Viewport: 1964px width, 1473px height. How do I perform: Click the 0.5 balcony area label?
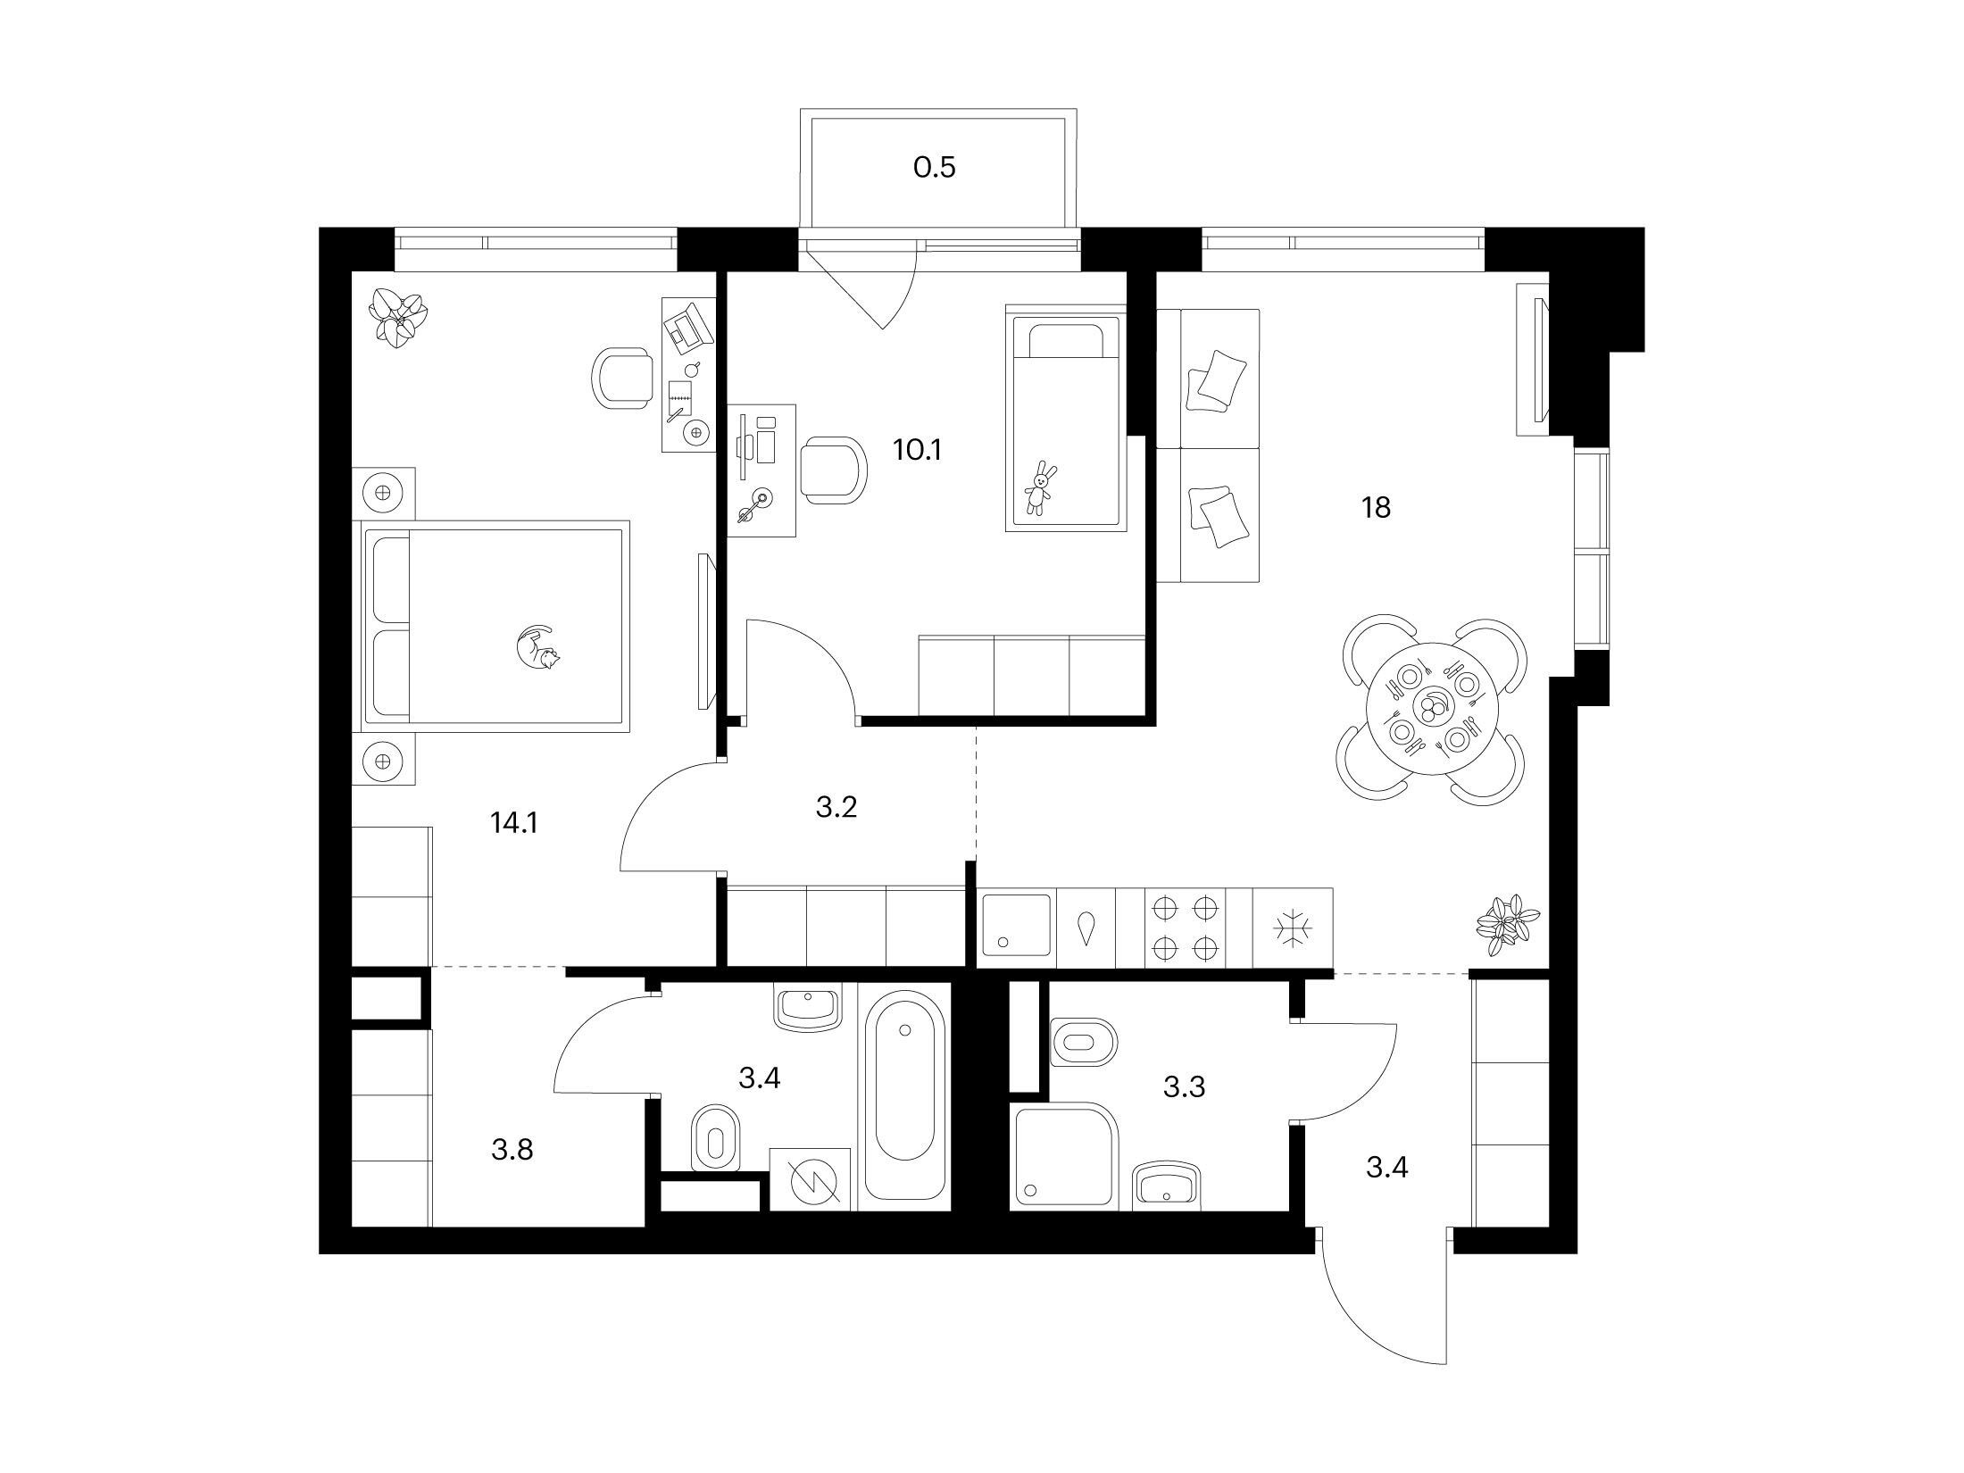(x=935, y=167)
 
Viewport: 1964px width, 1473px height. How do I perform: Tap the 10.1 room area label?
(x=918, y=450)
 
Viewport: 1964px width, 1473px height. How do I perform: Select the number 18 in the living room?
(x=1376, y=508)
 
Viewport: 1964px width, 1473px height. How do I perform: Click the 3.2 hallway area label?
(x=836, y=807)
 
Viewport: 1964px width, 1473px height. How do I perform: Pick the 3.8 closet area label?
(x=512, y=1149)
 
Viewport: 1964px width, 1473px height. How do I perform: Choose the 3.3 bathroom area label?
(x=1185, y=1086)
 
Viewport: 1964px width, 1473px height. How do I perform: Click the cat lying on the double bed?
(x=538, y=646)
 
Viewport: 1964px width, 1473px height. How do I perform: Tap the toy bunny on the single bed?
(x=1038, y=487)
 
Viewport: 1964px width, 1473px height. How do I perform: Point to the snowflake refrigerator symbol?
(x=1292, y=928)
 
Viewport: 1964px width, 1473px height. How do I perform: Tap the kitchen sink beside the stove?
(x=1018, y=927)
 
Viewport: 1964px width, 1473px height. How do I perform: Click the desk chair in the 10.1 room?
(x=833, y=470)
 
